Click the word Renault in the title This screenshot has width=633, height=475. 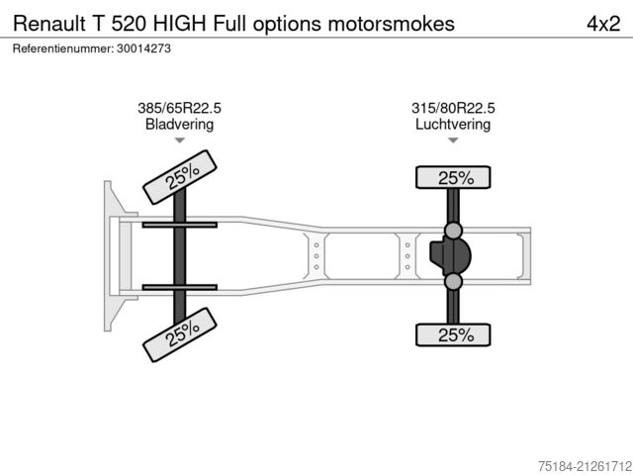click(x=49, y=24)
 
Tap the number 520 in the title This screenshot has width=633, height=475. click(x=130, y=24)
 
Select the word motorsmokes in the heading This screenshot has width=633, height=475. click(x=392, y=24)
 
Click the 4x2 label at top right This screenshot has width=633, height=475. click(x=603, y=24)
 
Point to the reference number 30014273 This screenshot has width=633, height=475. click(x=143, y=48)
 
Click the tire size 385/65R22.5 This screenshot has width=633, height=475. click(x=179, y=108)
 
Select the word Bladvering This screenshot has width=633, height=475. click(x=179, y=124)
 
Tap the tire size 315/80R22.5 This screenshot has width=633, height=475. click(x=453, y=108)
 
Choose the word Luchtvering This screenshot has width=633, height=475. click(x=453, y=124)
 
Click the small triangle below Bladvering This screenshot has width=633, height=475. click(x=180, y=141)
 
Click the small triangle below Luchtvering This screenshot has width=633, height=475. click(x=453, y=141)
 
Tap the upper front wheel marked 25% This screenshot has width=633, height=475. click(x=180, y=177)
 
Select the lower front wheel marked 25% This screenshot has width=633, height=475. click(x=180, y=334)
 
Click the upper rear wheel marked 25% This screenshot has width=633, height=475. click(x=453, y=177)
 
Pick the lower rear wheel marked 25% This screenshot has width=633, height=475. click(x=453, y=334)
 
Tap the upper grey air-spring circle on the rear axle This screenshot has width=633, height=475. click(x=453, y=231)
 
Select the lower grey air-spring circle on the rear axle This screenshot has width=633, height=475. click(x=453, y=281)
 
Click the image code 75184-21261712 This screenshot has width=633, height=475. click(x=585, y=466)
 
